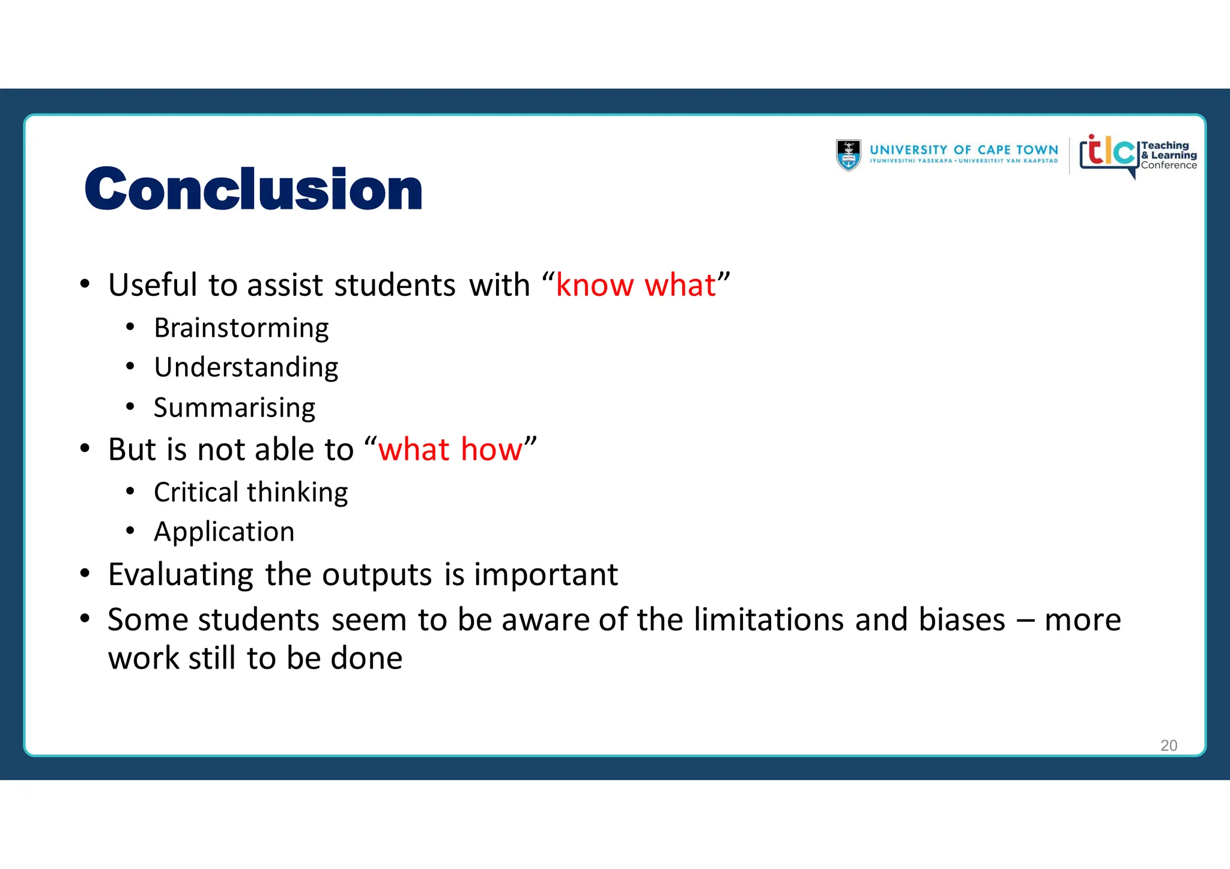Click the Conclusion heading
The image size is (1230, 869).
tap(253, 190)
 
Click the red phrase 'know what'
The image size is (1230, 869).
tap(635, 285)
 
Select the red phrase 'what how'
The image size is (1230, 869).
tap(450, 450)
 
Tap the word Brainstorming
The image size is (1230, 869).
tap(241, 328)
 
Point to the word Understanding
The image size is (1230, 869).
tap(246, 367)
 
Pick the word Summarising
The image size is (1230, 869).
tap(234, 408)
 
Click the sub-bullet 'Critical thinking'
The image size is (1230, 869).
tap(250, 493)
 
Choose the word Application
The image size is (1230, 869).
tap(224, 532)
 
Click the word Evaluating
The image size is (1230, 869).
tap(181, 575)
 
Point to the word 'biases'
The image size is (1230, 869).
tap(961, 619)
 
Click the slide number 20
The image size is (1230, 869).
tap(1168, 745)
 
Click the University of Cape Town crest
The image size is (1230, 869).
tap(848, 155)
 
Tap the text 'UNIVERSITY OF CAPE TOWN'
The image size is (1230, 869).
tap(963, 150)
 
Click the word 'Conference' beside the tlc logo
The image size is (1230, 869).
tap(1168, 166)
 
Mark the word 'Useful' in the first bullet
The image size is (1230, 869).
tap(153, 285)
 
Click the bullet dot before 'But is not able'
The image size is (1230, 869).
tap(85, 448)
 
